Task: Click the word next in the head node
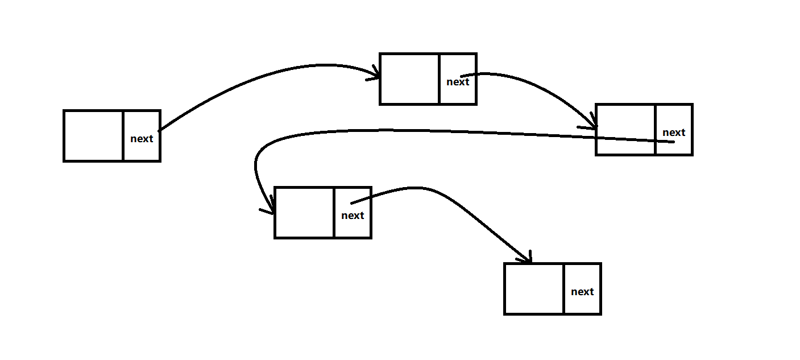coord(142,138)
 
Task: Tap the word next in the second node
coord(458,82)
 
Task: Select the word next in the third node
coord(674,133)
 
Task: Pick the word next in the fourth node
coord(353,216)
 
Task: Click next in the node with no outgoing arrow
coord(582,292)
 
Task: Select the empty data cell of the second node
coord(409,79)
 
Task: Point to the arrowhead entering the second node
coord(376,74)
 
